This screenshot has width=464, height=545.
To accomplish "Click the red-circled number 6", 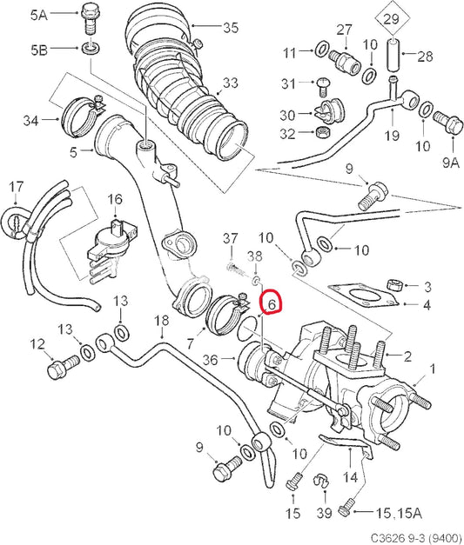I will [x=272, y=303].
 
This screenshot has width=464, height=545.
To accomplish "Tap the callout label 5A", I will [x=40, y=15].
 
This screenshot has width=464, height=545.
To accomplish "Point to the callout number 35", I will [x=230, y=28].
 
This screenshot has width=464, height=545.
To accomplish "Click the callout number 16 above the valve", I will [x=114, y=200].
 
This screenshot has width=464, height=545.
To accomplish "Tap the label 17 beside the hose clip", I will [x=16, y=187].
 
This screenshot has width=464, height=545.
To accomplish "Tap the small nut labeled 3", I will [x=393, y=285].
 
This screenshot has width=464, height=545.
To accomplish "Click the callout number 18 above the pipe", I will [x=161, y=322].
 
